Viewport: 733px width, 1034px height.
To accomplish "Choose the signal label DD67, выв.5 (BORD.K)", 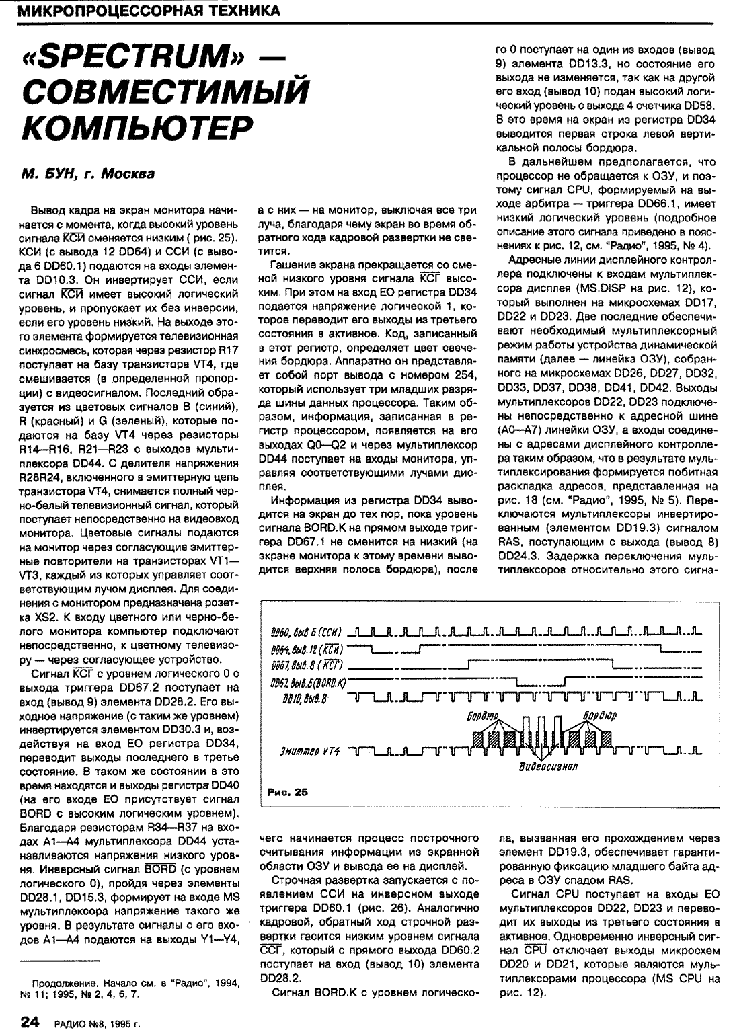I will point(307,684).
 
